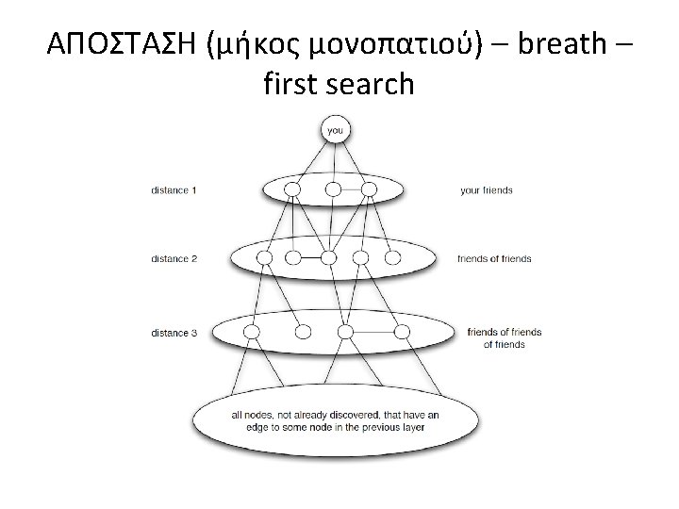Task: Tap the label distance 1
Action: coord(174,190)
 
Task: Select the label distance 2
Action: coord(174,258)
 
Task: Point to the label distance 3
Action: coord(174,332)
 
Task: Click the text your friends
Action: coord(486,190)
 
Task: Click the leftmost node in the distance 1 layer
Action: coord(293,189)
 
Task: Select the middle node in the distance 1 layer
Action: coord(333,189)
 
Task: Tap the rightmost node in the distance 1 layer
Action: coord(369,189)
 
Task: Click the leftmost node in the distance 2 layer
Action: coord(265,257)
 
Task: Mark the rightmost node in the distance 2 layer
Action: coord(392,257)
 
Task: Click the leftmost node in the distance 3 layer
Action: coord(251,331)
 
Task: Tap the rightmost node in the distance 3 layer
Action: coord(403,331)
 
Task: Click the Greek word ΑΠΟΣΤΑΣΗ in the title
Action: coord(117,44)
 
